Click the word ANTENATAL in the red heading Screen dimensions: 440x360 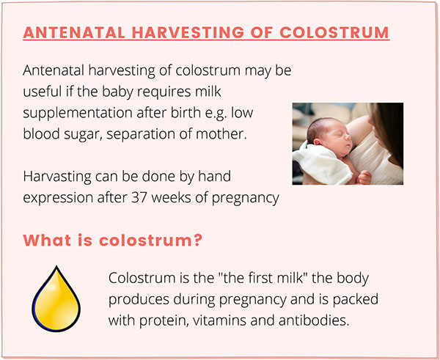point(74,32)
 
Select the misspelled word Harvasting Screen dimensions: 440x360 point(57,177)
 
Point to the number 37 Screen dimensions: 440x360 point(139,197)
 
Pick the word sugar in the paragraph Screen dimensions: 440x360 point(83,135)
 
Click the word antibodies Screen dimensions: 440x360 point(313,320)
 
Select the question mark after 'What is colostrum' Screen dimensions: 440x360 point(197,240)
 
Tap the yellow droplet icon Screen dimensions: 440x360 point(56,299)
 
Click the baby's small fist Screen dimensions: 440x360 point(364,177)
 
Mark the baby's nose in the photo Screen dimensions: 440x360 point(349,139)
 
